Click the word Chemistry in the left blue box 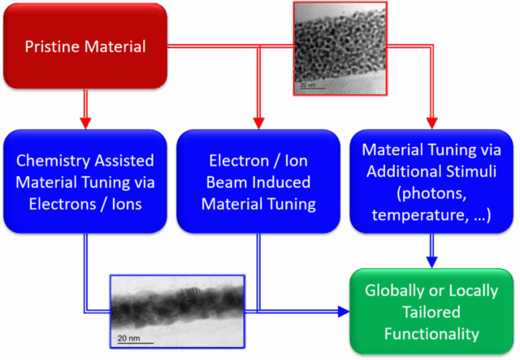(53, 161)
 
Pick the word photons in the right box (431, 193)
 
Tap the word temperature (420, 215)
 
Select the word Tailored (431, 312)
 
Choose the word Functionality (431, 334)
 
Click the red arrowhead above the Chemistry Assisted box (85, 123)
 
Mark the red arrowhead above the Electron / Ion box (258, 123)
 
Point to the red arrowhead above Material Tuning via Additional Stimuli (431, 123)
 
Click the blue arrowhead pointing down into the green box (431, 262)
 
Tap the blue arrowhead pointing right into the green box (344, 311)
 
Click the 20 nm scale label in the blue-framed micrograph (128, 338)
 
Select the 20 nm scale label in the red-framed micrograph (308, 85)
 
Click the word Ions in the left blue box (127, 204)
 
